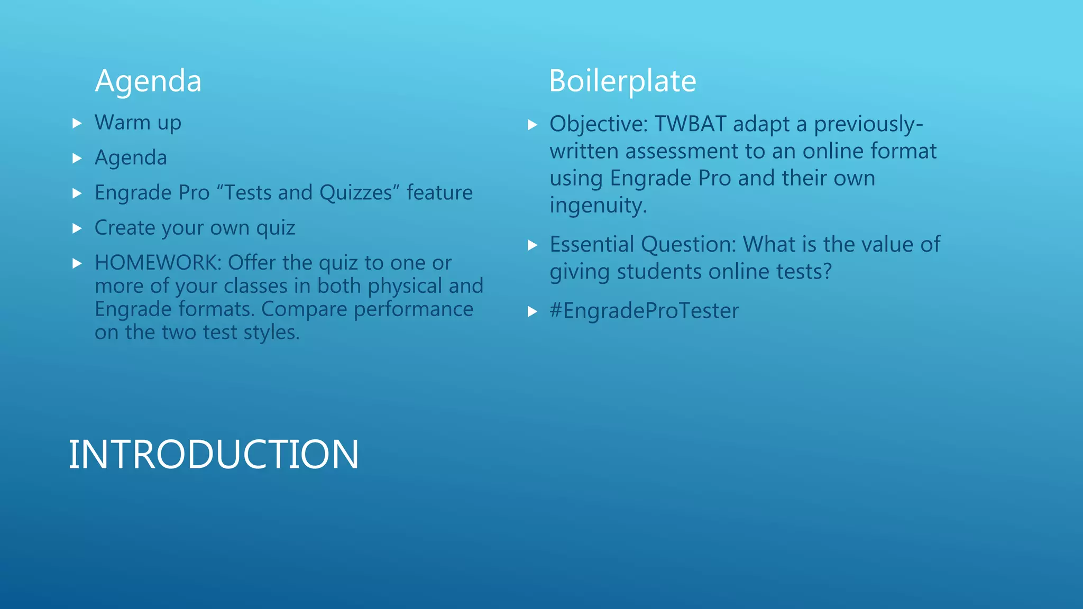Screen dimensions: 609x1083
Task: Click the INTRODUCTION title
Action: point(214,455)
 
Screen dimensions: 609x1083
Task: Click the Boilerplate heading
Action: point(622,81)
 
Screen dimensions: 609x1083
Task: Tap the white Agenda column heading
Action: point(148,81)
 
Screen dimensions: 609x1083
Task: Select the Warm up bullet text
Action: point(138,123)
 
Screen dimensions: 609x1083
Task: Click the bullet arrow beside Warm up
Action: point(77,124)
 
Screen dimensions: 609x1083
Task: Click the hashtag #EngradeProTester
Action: point(644,311)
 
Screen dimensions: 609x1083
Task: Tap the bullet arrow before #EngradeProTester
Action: point(533,312)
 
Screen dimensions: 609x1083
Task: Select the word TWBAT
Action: point(690,124)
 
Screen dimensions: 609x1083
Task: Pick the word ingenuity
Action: point(598,205)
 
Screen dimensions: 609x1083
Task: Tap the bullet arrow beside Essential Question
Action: point(533,245)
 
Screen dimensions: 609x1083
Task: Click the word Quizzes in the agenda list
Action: point(359,193)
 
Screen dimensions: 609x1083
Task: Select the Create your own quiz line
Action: point(195,228)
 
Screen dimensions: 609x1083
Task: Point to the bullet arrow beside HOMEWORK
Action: point(77,263)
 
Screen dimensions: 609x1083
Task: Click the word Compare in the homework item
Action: point(304,309)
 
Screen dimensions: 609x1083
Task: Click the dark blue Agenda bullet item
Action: point(131,158)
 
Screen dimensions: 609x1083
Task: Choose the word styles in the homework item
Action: point(271,333)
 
